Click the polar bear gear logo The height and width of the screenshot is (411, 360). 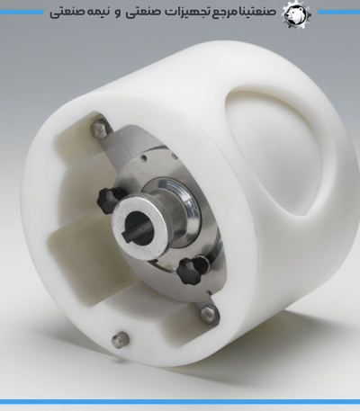296,13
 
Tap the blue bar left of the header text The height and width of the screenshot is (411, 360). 22,13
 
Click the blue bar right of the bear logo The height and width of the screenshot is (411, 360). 338,13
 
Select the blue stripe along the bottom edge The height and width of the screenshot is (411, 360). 180,401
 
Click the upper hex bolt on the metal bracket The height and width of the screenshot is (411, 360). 100,130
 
